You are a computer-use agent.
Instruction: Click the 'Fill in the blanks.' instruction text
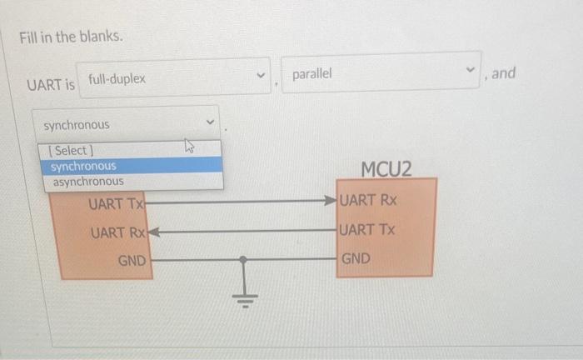coord(72,37)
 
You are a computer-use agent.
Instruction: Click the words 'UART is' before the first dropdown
coord(51,85)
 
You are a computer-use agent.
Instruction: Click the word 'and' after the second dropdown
coord(504,73)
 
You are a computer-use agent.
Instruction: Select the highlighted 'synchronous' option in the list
coord(83,166)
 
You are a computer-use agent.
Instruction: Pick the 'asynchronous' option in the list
coord(87,181)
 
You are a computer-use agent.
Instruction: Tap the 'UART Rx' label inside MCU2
coord(369,201)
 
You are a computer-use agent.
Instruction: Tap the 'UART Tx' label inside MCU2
coord(367,229)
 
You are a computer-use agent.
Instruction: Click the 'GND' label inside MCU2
coord(356,258)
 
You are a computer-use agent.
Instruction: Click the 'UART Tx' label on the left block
coord(117,202)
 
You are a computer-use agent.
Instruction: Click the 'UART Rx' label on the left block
coord(117,232)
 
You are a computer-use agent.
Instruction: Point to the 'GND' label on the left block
coord(132,261)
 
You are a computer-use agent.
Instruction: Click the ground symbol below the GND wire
coord(243,296)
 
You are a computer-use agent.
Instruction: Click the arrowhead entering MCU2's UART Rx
coord(331,201)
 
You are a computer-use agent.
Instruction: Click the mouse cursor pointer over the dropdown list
coord(188,147)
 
